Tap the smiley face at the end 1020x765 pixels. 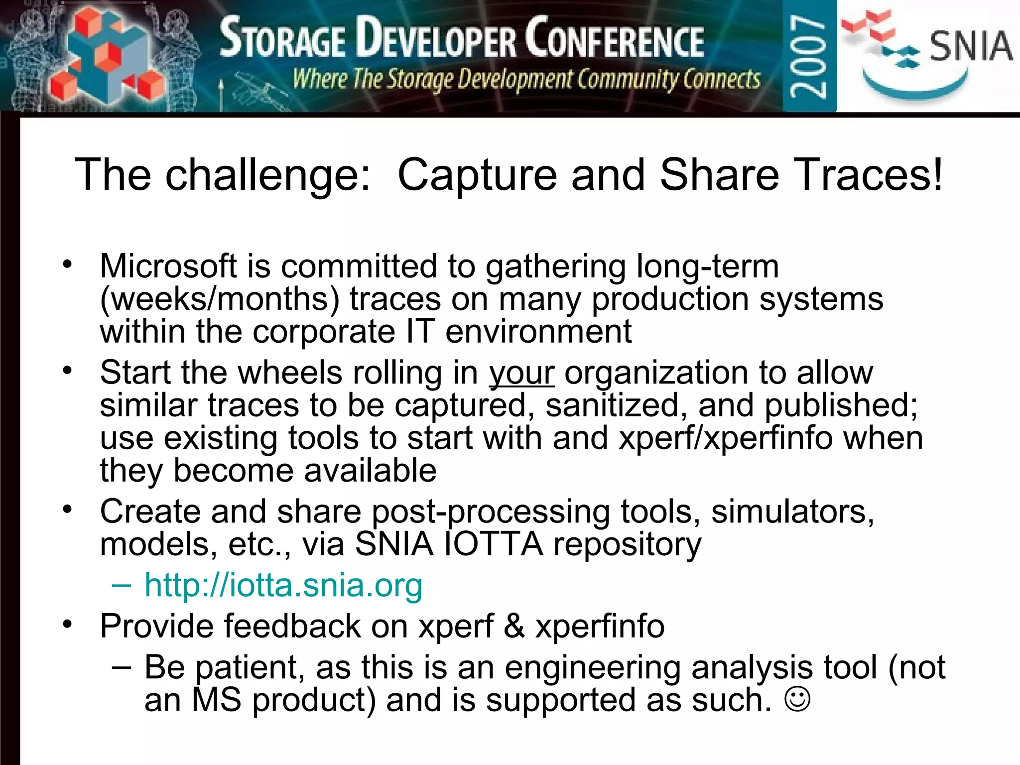(x=797, y=699)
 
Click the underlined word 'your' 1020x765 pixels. (x=521, y=373)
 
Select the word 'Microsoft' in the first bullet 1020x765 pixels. (x=168, y=266)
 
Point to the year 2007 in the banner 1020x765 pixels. (x=809, y=56)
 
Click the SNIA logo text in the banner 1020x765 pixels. (x=971, y=46)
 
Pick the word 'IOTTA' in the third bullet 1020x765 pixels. (x=493, y=544)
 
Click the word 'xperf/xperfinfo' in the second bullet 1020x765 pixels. (x=726, y=438)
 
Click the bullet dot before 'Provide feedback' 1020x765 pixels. (x=68, y=624)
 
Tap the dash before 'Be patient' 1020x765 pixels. (x=122, y=667)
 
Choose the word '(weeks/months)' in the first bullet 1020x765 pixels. (x=220, y=299)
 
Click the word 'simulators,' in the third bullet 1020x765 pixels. (x=792, y=511)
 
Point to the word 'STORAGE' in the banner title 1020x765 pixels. (x=282, y=39)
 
